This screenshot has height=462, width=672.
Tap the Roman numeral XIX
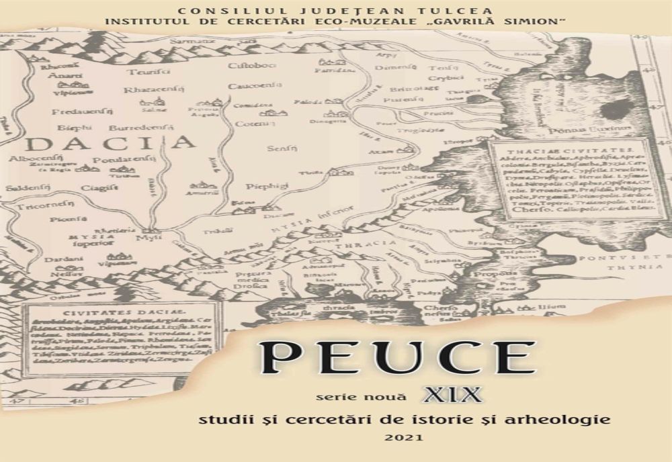(x=452, y=394)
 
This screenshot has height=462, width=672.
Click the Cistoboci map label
(x=247, y=66)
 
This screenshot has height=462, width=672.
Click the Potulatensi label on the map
(x=124, y=159)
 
